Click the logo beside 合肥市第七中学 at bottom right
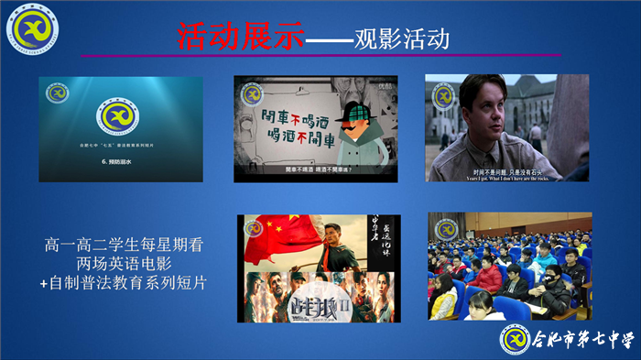click(516, 338)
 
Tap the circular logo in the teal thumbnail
click(120, 116)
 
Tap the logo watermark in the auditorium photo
click(446, 229)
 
